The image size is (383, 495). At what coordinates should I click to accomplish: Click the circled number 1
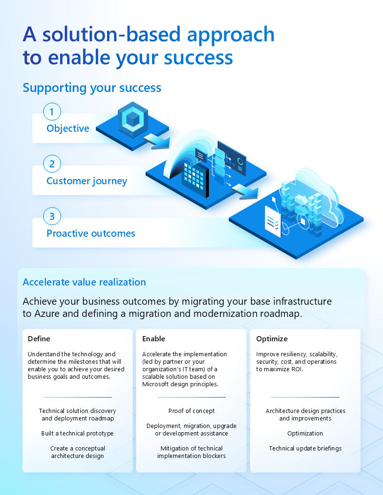coord(52,112)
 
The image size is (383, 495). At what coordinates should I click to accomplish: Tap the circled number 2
coord(52,164)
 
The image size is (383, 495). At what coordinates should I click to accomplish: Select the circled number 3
coord(52,217)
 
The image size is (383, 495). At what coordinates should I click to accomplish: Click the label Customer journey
coord(87,181)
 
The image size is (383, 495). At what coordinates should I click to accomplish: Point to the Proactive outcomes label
coord(91,233)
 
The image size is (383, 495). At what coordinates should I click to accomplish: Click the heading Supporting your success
coord(92,88)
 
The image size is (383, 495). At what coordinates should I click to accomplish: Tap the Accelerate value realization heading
coord(84,282)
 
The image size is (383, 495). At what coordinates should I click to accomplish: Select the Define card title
coord(39,338)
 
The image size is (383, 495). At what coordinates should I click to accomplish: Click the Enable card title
coord(153,338)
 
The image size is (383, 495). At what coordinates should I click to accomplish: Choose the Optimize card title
coord(272,338)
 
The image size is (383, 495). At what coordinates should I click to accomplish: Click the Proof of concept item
coord(191,411)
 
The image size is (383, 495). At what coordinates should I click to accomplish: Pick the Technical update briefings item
coord(305,449)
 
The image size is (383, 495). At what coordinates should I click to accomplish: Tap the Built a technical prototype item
coord(77,434)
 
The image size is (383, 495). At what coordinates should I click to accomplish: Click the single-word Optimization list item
coord(305,434)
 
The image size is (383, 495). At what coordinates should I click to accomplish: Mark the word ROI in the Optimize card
coord(296,369)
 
